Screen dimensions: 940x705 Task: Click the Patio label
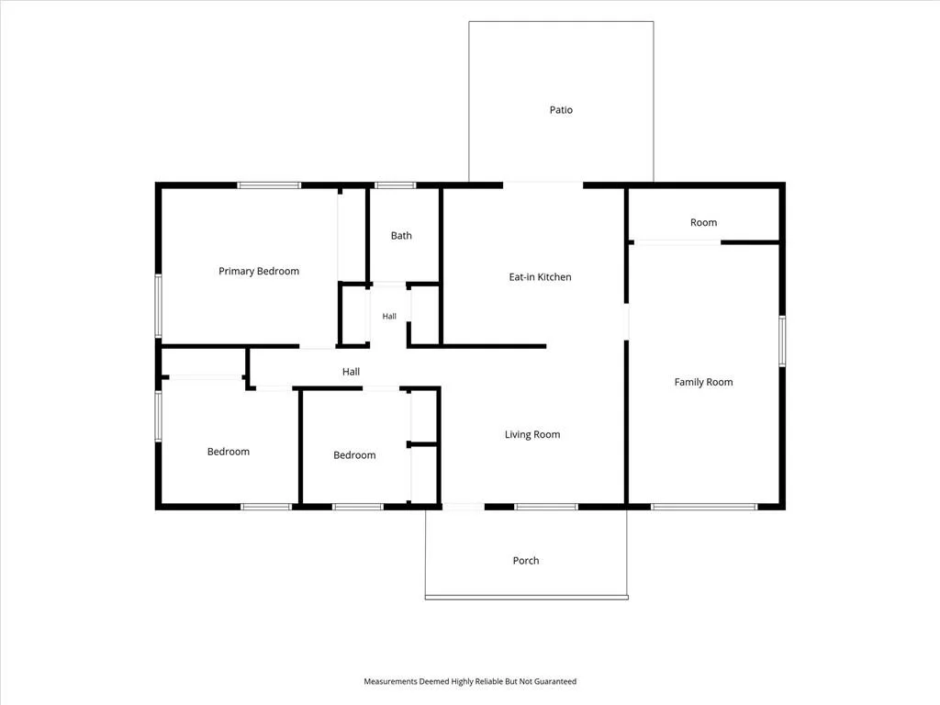pos(561,110)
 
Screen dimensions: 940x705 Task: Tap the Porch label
pos(526,561)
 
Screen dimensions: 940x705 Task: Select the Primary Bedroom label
pos(259,271)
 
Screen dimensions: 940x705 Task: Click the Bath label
pos(401,236)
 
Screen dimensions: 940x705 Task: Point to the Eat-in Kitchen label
pos(540,277)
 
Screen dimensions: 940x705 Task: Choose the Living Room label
pos(532,434)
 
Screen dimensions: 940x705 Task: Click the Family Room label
pos(703,382)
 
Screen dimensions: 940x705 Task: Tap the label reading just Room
pos(703,222)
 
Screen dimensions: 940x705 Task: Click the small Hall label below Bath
pos(389,316)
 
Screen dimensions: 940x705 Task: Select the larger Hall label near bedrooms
pos(351,372)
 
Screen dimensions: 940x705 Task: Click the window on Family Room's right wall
pos(782,341)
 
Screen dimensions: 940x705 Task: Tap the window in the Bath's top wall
pos(395,185)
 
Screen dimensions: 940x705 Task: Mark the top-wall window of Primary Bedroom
pos(269,185)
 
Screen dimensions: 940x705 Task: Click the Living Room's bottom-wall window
pos(546,507)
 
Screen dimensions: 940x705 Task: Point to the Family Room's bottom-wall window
pos(704,507)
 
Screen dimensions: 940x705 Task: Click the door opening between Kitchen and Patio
pos(543,185)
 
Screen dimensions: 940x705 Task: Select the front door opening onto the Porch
pos(464,507)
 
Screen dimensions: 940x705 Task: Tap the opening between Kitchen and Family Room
pos(626,322)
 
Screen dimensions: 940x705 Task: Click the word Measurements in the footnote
pos(390,682)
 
